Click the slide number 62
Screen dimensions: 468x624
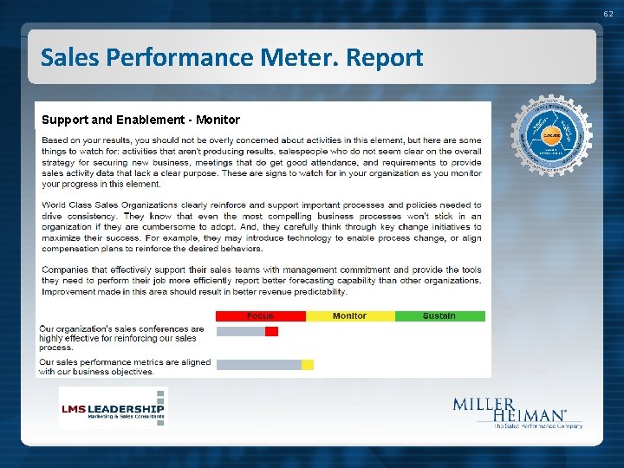(608, 14)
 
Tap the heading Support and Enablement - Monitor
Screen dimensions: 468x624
(140, 120)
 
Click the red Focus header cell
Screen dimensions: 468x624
(260, 316)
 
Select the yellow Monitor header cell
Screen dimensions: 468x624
(349, 316)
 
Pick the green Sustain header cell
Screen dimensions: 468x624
(439, 316)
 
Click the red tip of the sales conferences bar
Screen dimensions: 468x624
(271, 331)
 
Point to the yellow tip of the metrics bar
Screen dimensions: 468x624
(308, 365)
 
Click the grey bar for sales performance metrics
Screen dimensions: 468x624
(258, 365)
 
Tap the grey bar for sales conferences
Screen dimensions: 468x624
(240, 331)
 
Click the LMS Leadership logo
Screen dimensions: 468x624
(113, 408)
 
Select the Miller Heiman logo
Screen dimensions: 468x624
(517, 413)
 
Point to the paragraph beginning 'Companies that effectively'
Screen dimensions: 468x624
(261, 280)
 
